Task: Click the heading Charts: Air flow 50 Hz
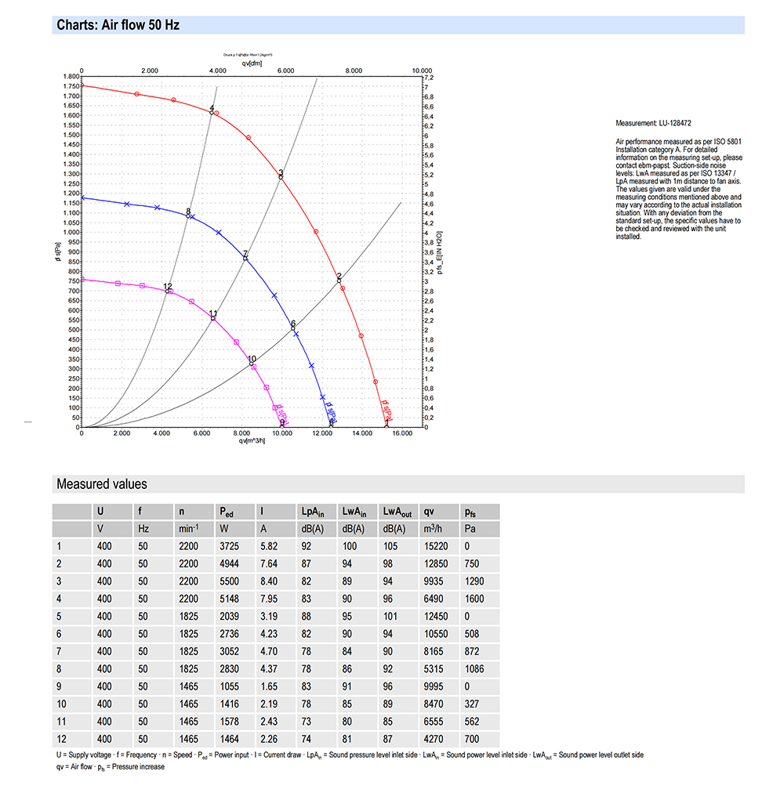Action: [x=118, y=25]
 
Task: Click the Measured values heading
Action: [x=101, y=484]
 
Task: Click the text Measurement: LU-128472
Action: [x=653, y=123]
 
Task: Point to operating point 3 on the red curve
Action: [x=280, y=177]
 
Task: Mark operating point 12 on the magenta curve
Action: [x=166, y=291]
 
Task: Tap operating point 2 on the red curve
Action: [x=339, y=280]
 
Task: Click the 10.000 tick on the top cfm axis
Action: [x=422, y=70]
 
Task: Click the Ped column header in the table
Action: [x=227, y=512]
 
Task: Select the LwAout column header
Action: [x=397, y=512]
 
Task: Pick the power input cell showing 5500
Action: [x=229, y=580]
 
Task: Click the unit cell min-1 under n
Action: [x=188, y=529]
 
